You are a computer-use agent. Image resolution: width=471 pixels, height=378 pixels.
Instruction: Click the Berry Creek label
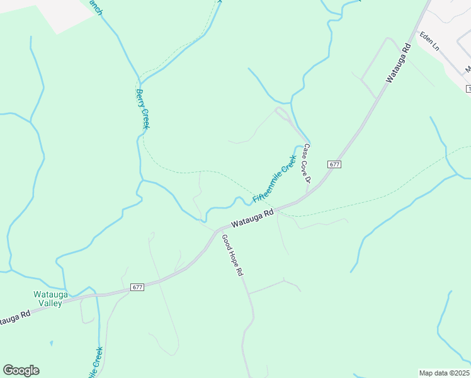(x=142, y=109)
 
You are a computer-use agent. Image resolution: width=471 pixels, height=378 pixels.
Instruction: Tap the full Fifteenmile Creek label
(x=275, y=179)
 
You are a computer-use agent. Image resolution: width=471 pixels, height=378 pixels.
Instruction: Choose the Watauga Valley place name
(x=48, y=299)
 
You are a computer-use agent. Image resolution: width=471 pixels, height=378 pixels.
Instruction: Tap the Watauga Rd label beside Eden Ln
(x=399, y=63)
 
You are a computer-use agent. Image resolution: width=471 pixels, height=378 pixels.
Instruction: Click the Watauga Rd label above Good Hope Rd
(x=252, y=219)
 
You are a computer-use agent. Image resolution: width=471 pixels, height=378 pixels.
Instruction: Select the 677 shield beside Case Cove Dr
(x=334, y=164)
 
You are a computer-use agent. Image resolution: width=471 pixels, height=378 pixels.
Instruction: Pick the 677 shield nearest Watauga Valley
(x=138, y=287)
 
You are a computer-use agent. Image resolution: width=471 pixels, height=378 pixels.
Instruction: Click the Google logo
(x=21, y=370)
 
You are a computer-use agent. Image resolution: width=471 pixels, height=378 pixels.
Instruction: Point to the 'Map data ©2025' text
(x=444, y=373)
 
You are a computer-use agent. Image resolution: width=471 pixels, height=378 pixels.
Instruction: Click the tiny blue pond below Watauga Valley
(x=51, y=344)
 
